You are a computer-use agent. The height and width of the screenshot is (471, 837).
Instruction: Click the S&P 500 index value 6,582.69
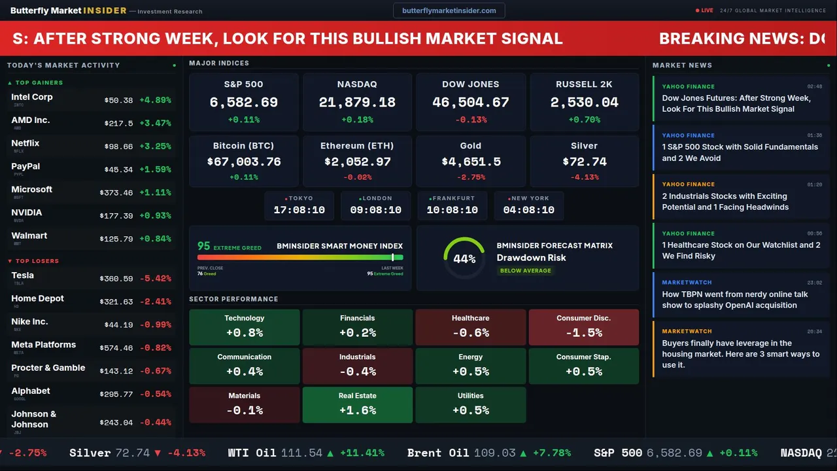click(243, 103)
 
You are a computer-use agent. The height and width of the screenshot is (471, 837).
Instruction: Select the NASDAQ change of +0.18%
click(357, 120)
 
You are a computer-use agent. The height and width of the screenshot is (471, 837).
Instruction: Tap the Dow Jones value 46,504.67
click(470, 103)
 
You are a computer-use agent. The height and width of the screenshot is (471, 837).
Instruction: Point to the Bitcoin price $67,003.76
click(243, 162)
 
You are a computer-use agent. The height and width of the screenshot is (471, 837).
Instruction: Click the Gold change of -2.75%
click(470, 177)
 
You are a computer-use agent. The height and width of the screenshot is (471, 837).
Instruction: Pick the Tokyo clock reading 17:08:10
click(299, 210)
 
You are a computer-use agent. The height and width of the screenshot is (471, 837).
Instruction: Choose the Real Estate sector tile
click(357, 404)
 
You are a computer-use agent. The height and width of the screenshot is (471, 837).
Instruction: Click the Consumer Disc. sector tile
click(583, 326)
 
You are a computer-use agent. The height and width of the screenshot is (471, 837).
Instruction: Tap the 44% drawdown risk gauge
click(464, 258)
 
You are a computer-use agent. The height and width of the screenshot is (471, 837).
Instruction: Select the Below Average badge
click(525, 271)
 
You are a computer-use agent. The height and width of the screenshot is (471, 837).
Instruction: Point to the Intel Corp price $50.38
click(118, 101)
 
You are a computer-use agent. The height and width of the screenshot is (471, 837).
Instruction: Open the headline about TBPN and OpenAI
click(735, 300)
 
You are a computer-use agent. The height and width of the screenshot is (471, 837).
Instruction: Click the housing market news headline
click(740, 354)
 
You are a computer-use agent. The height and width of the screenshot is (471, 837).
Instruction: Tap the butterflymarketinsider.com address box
click(449, 10)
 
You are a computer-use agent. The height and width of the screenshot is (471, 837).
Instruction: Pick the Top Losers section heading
click(37, 261)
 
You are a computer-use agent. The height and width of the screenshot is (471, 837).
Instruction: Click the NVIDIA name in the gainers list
click(27, 213)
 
